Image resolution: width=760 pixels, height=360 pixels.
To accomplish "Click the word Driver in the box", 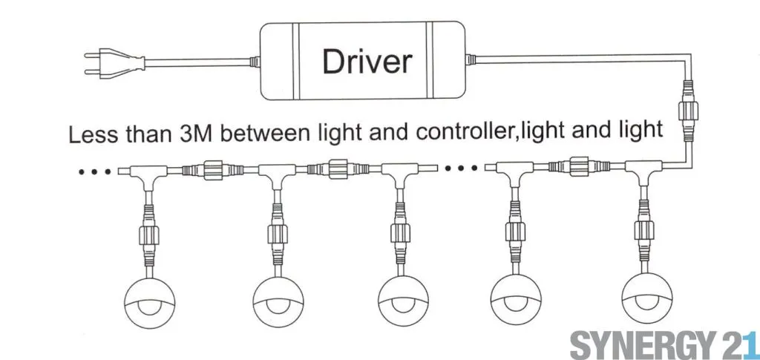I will coord(366,61).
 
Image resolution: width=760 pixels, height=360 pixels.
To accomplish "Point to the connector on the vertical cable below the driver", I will coord(688,118).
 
